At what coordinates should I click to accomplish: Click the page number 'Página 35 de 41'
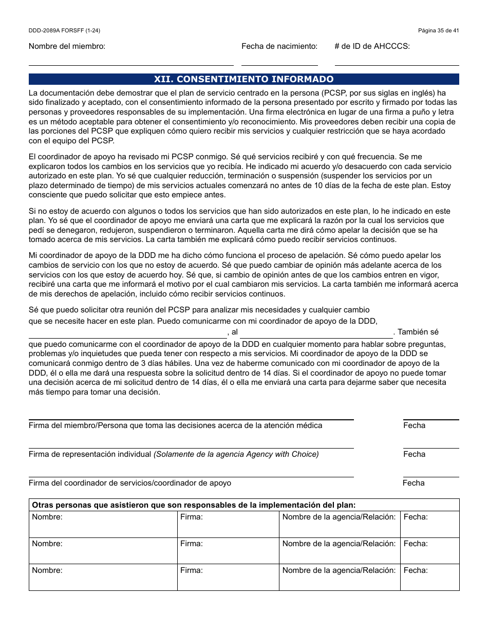[438, 31]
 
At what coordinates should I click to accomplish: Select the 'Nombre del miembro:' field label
[67, 46]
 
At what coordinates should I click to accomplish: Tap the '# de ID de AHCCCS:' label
[372, 46]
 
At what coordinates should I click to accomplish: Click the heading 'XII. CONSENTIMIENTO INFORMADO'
[243, 79]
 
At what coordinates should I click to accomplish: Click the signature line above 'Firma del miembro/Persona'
[191, 419]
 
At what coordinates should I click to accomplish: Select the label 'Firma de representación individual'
[90, 454]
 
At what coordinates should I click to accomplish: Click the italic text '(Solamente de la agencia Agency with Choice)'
[236, 454]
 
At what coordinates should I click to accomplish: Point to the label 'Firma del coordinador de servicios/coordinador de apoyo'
[129, 483]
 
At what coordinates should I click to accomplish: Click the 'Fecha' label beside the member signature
[414, 425]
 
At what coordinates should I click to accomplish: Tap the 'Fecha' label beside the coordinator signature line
[414, 483]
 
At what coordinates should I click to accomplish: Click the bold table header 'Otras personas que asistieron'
[194, 505]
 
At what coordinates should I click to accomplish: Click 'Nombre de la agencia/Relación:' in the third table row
[339, 570]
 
